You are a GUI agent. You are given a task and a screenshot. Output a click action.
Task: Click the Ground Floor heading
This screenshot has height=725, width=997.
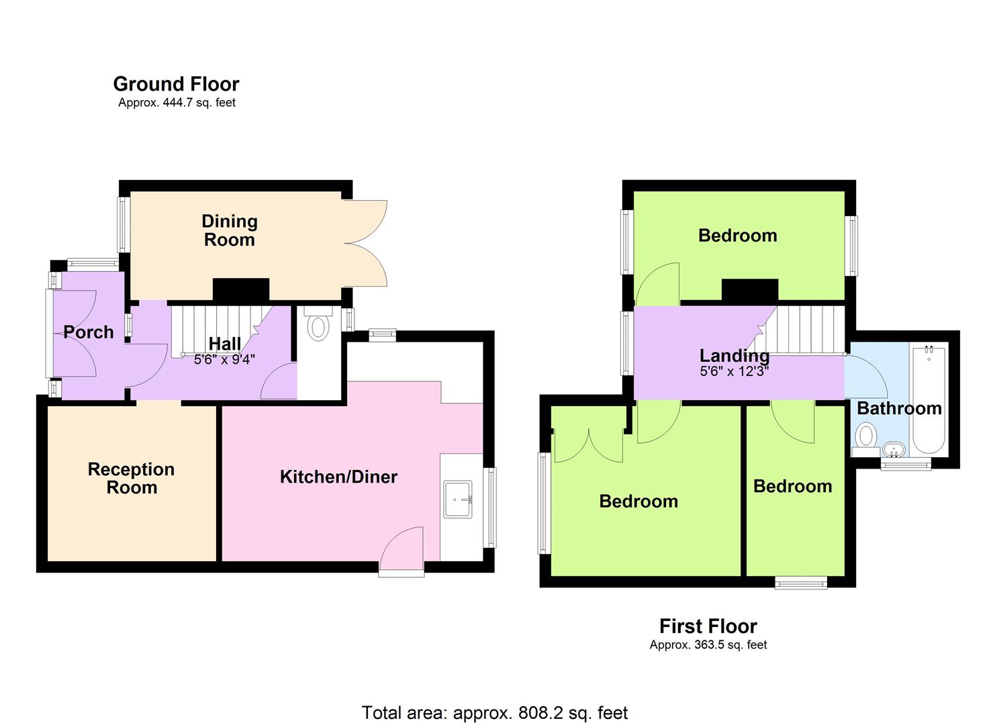tap(176, 84)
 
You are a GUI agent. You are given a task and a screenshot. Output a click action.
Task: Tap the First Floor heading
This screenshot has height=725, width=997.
tap(708, 626)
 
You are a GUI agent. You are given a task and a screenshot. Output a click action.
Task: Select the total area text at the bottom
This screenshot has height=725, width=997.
tap(495, 712)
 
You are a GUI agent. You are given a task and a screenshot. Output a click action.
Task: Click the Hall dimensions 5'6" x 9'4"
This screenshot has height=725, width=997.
tap(224, 360)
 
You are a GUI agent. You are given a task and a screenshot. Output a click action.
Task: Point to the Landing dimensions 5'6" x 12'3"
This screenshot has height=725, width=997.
tap(734, 371)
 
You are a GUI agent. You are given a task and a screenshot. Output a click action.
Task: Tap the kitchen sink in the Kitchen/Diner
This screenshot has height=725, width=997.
tap(458, 499)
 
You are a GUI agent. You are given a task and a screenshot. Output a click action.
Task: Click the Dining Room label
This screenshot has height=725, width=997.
tap(229, 230)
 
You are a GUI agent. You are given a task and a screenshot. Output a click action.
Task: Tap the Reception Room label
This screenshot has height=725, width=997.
tap(131, 478)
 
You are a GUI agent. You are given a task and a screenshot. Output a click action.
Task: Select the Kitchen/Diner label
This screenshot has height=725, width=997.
tap(338, 477)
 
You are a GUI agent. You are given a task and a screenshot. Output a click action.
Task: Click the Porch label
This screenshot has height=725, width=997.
tap(89, 332)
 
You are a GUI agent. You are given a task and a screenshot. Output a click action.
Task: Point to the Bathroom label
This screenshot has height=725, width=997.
tap(899, 408)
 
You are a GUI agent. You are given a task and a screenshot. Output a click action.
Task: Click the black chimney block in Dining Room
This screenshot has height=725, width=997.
tap(241, 289)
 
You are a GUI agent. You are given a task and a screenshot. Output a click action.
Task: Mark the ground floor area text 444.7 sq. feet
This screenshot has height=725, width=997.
tap(177, 103)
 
